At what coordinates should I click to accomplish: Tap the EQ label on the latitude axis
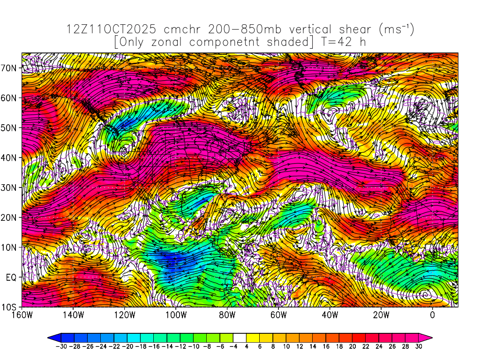coord(11,277)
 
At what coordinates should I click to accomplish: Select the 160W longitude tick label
coord(22,315)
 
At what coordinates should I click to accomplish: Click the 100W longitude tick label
coord(176,315)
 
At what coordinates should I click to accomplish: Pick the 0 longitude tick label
coord(432,315)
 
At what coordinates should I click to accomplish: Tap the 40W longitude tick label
coord(330,315)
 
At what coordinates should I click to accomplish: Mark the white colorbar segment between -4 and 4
coord(240,337)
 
